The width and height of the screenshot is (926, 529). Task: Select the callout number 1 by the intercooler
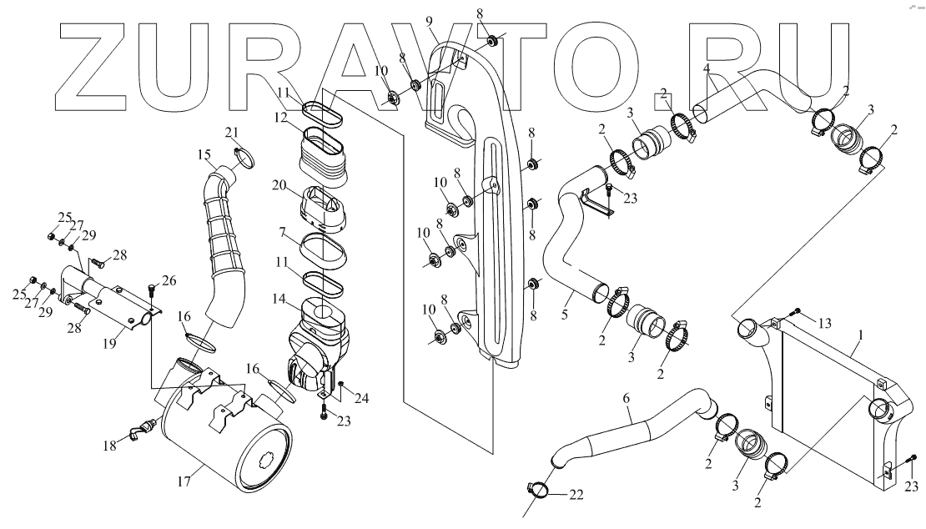point(859,334)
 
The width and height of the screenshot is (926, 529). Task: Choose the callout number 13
point(825,323)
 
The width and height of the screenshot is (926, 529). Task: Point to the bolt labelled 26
point(152,290)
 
